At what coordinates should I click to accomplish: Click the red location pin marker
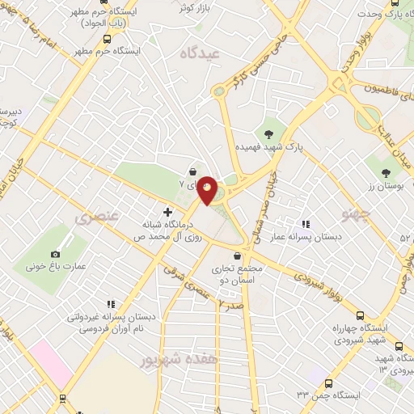pos(208,190)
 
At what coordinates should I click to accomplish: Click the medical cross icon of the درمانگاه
pos(167,213)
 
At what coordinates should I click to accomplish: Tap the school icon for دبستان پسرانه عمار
pos(305,224)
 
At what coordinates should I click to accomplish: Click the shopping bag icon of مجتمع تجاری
pos(236,256)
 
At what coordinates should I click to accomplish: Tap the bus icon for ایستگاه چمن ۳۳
pos(328,383)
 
